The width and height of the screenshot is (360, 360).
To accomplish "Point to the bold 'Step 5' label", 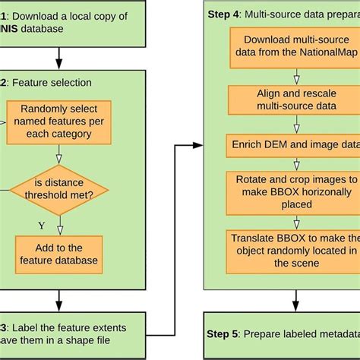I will (x=224, y=334).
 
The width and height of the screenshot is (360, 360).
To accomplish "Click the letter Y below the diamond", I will (x=43, y=224).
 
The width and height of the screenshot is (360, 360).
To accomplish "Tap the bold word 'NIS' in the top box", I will (x=15, y=29).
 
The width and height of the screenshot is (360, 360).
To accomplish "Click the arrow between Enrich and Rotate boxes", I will (x=282, y=163).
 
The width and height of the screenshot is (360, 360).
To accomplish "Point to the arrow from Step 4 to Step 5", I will (x=282, y=298).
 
